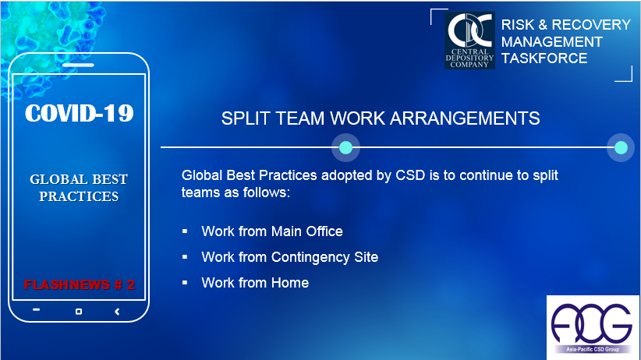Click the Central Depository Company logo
[x=469, y=40]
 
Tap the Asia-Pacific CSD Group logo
[x=593, y=327]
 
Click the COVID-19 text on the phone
[x=80, y=113]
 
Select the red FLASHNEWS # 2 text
[x=80, y=284]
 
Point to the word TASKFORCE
[x=544, y=58]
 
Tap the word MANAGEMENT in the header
[x=552, y=41]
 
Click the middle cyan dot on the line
[x=346, y=147]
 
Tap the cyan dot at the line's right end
[x=621, y=147]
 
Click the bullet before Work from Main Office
[x=185, y=231]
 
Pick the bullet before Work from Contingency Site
[x=185, y=257]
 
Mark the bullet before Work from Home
[x=185, y=282]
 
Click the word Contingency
[x=310, y=257]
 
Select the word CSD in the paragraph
[x=410, y=175]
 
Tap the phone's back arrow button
[x=117, y=312]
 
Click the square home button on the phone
[x=79, y=312]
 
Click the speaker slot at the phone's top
[x=78, y=65]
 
